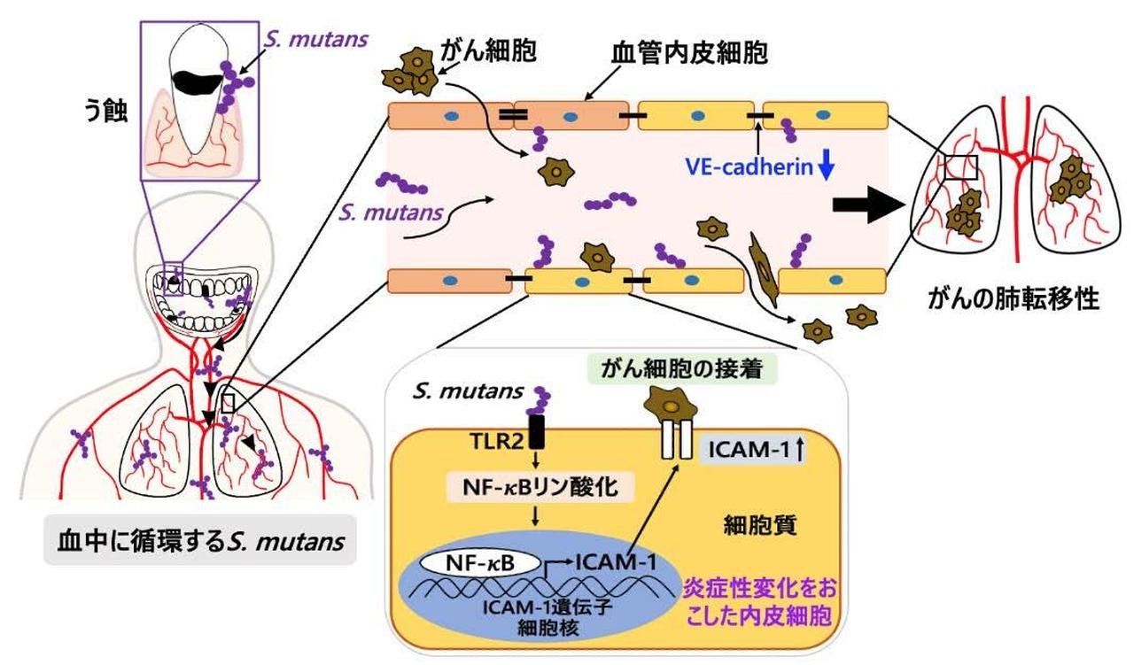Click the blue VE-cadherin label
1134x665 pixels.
point(749,166)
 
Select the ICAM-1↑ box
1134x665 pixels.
point(751,449)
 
